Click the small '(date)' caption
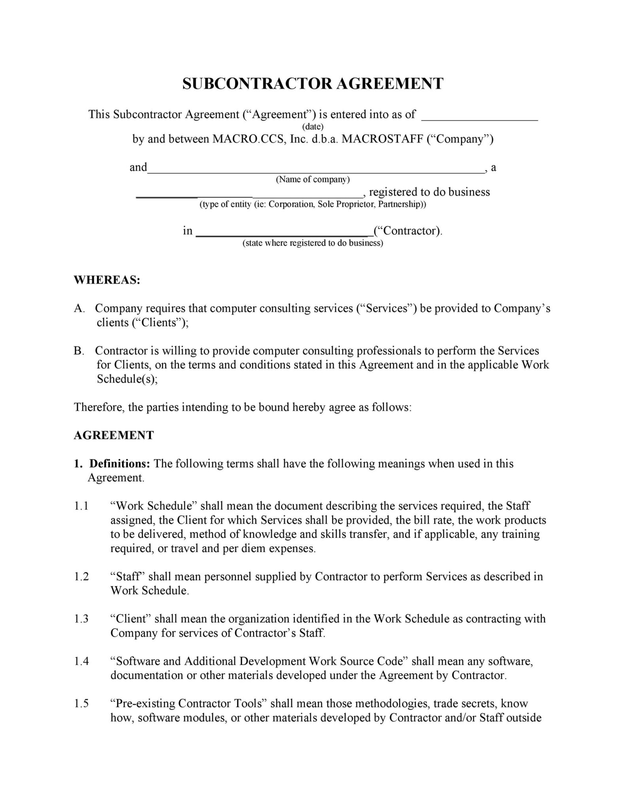pyautogui.click(x=312, y=127)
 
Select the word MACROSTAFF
pyautogui.click(x=382, y=139)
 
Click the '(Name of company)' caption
pyautogui.click(x=312, y=180)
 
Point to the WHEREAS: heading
pyautogui.click(x=107, y=280)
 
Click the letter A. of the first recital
pyautogui.click(x=79, y=308)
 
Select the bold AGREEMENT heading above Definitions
pyautogui.click(x=113, y=435)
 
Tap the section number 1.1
pyautogui.click(x=81, y=506)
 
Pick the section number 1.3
pyautogui.click(x=81, y=619)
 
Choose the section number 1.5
pyautogui.click(x=81, y=703)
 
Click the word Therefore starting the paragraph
pyautogui.click(x=99, y=407)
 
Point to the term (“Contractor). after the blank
pyautogui.click(x=407, y=231)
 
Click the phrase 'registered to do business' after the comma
pyautogui.click(x=429, y=192)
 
